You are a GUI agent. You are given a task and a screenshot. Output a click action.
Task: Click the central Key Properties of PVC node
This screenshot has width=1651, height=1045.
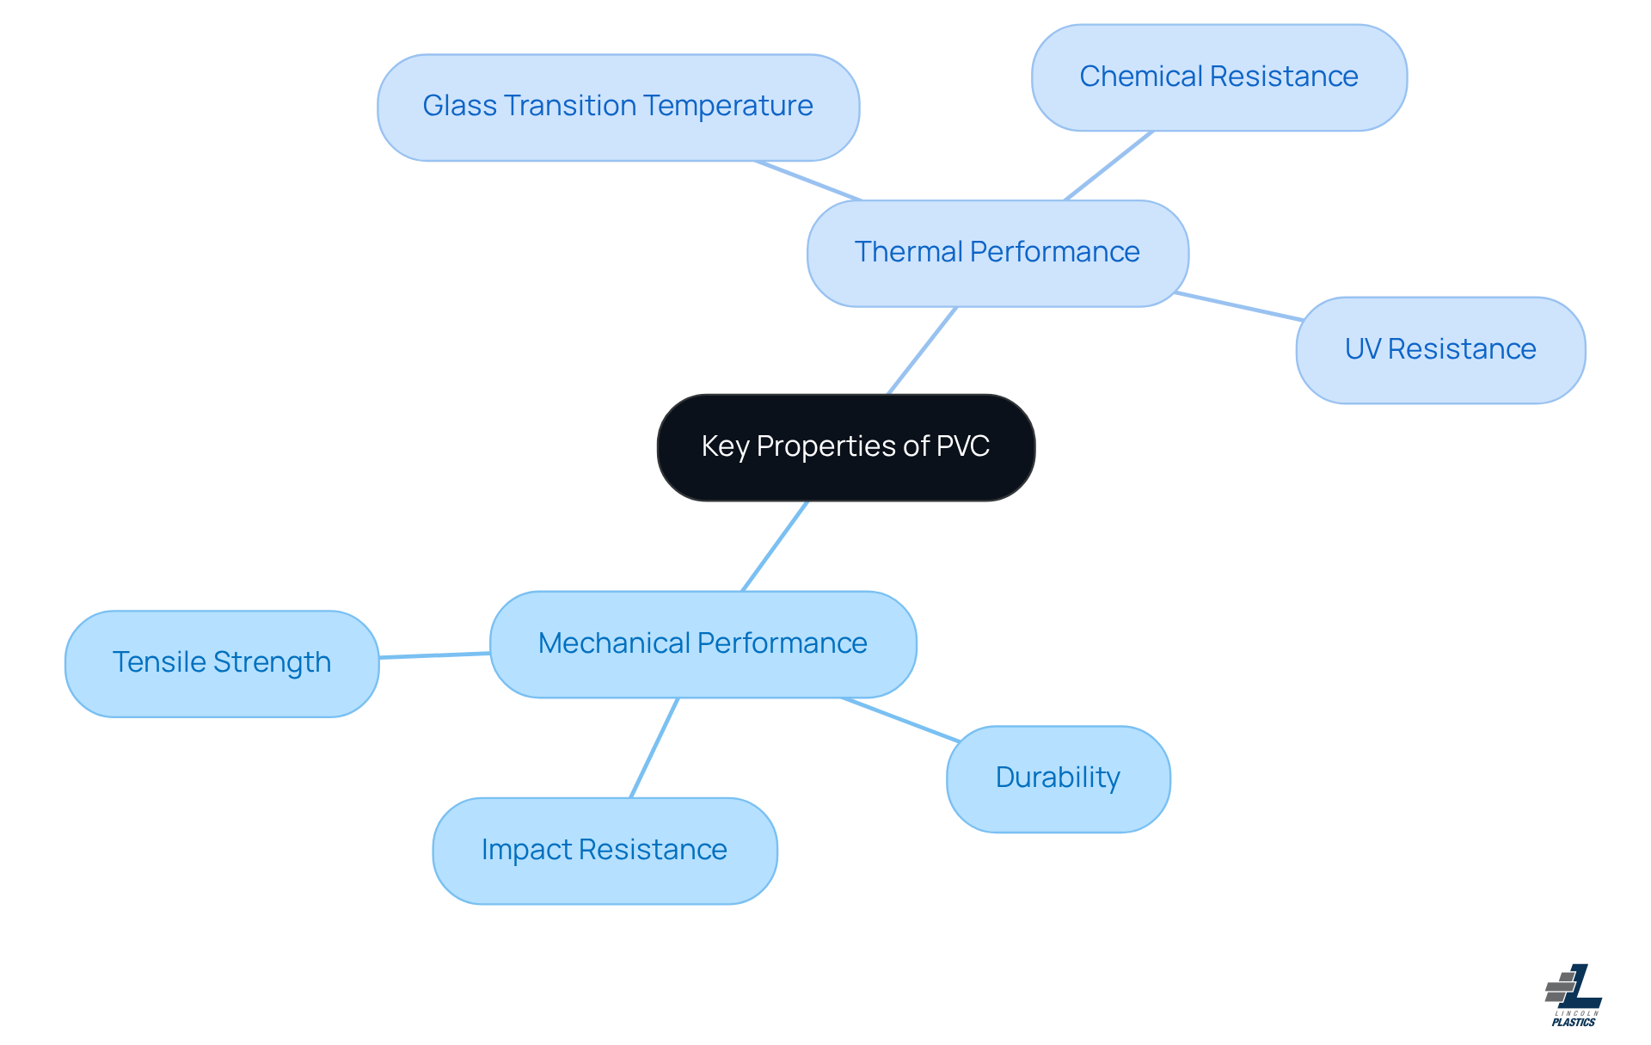[x=845, y=447]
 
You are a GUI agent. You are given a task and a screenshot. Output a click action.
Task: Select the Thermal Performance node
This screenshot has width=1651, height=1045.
[x=997, y=253]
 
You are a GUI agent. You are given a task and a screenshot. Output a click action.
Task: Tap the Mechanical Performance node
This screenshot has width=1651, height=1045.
[x=703, y=643]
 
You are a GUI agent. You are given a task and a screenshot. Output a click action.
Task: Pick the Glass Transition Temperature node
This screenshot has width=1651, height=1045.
[x=617, y=107]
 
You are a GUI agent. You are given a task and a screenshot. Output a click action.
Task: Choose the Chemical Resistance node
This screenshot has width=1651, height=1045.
[x=1218, y=77]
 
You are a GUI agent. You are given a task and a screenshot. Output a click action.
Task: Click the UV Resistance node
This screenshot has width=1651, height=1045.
[x=1439, y=350]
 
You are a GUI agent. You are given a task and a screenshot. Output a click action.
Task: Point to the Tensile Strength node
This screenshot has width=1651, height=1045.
[x=222, y=663]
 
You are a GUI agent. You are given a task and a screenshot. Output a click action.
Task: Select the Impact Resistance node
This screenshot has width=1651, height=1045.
[x=604, y=851]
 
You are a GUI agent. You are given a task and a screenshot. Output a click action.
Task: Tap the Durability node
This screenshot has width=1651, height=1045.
[x=1058, y=778]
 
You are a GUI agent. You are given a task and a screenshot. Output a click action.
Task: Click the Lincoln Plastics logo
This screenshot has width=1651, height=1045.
[x=1574, y=996]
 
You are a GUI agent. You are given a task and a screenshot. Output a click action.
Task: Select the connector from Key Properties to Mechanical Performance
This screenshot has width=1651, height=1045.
[x=775, y=546]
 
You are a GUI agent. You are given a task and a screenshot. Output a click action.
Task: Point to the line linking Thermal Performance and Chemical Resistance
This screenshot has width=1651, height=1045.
[x=1108, y=166]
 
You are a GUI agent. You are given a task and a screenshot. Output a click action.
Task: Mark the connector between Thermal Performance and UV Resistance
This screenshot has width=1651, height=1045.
[x=1238, y=306]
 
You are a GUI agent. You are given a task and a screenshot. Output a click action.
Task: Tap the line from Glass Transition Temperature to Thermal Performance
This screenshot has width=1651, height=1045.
[x=808, y=181]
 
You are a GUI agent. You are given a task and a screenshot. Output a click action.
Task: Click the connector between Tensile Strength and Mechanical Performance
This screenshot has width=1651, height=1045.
[x=434, y=655]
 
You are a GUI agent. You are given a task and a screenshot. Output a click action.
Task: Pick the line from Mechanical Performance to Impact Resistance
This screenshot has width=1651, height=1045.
[x=654, y=748]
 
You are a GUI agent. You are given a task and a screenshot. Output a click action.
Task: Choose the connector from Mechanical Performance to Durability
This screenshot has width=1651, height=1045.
[x=900, y=720]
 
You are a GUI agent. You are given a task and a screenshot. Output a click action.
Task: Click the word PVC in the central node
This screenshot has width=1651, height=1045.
[x=962, y=446]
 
